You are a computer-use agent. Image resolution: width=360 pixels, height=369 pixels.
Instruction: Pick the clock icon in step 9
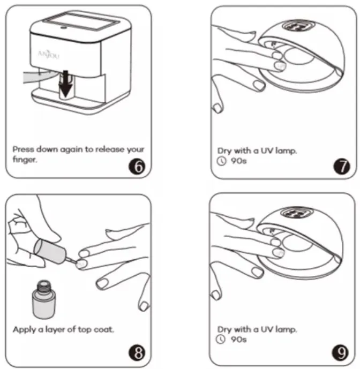[x=222, y=338]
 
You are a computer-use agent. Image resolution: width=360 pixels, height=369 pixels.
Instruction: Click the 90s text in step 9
[x=236, y=338]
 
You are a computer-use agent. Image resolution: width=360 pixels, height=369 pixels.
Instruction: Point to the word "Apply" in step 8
[x=24, y=329]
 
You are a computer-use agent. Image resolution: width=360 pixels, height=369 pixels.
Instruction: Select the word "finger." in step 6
[x=25, y=160]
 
